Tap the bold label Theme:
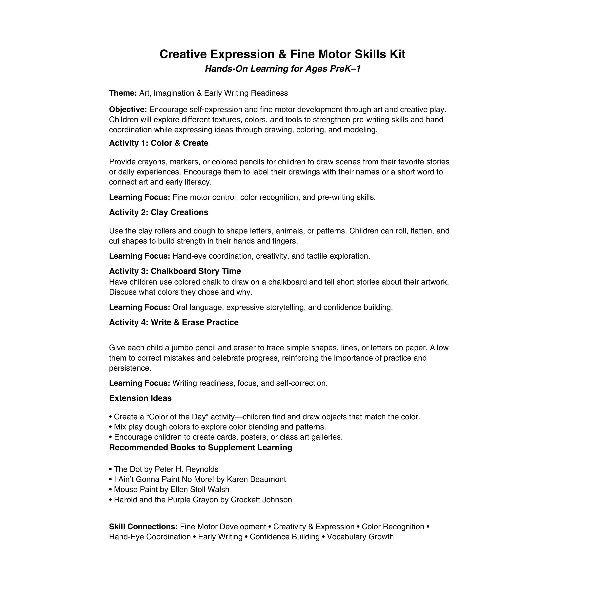[x=123, y=93]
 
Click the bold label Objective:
[x=128, y=109]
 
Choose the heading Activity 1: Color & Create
[x=158, y=143]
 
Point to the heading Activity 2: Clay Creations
[x=158, y=212]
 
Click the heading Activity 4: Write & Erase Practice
[x=174, y=323]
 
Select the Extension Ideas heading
[x=140, y=398]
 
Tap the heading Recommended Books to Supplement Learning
[x=200, y=448]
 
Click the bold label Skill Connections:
[x=143, y=527]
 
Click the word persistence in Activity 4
[x=129, y=368]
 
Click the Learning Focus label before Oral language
[x=139, y=307]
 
